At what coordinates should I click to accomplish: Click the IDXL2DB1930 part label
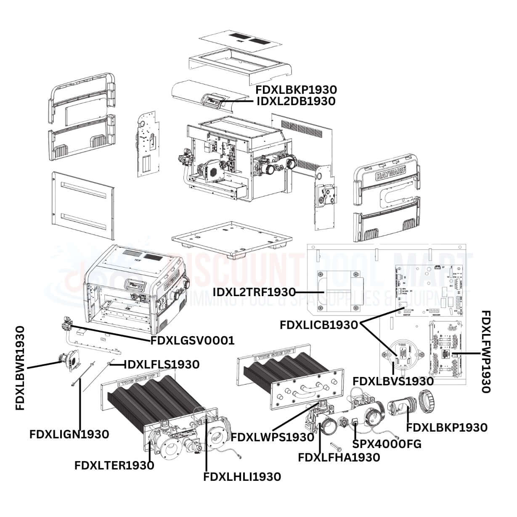296,101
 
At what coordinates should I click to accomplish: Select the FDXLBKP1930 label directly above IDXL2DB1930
296,90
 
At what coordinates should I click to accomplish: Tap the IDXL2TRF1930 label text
254,292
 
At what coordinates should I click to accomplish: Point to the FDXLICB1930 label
318,325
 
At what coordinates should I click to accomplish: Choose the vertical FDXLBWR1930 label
20,368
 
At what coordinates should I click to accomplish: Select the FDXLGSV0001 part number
192,340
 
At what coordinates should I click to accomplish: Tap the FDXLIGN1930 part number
69,434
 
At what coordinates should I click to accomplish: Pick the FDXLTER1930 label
114,465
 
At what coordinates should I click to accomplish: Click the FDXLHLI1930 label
242,477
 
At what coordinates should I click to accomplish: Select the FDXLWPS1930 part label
272,437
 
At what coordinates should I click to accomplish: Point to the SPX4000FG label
387,444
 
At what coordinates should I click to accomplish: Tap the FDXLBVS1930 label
393,381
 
